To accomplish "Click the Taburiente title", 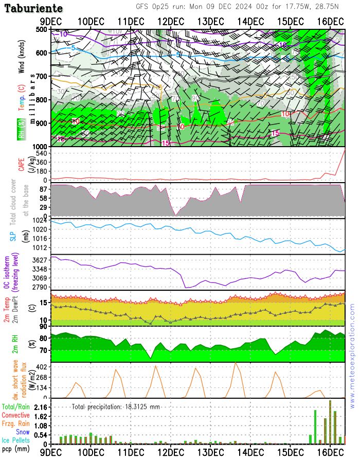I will (34, 8).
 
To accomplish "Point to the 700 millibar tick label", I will (42, 77).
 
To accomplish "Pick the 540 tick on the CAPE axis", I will (41, 153).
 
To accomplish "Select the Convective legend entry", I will (15, 415).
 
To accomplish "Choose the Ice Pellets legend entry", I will (15, 440).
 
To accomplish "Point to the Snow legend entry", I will (22, 432).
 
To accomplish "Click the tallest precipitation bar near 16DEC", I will (330, 422).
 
